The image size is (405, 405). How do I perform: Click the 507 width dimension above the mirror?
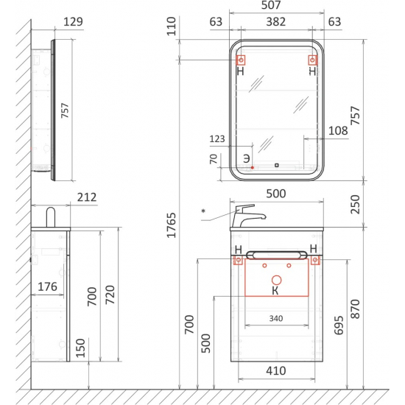pos(271,5)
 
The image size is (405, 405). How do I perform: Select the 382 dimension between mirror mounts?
pos(276,21)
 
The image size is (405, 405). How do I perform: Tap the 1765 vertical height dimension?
pos(172,225)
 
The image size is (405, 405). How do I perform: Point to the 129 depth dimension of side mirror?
pos(73,21)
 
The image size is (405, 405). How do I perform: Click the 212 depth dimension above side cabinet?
pos(87,197)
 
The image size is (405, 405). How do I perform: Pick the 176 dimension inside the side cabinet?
pos(47,286)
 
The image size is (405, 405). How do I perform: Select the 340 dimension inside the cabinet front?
pos(276,318)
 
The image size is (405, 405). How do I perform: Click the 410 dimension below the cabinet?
pos(276,371)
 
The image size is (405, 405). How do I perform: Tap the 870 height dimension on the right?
pos(356,309)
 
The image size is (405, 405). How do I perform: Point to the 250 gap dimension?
pos(355,204)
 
